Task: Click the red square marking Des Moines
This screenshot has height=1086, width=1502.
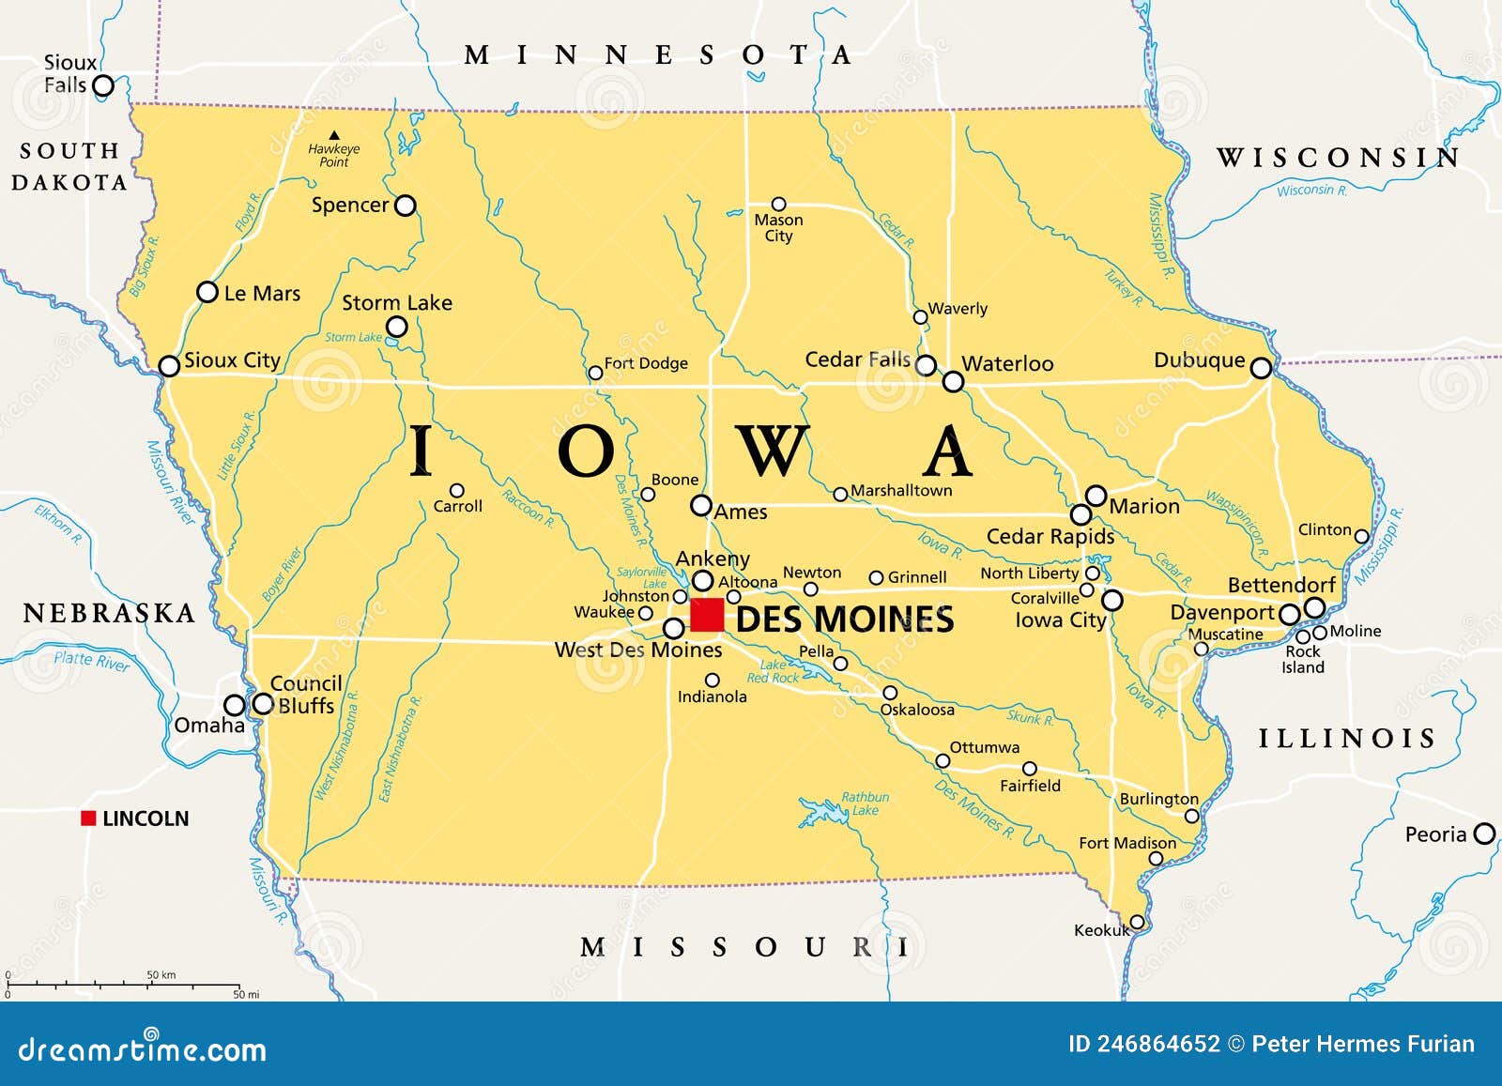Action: point(707,615)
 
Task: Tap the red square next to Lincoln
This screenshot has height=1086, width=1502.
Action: point(88,818)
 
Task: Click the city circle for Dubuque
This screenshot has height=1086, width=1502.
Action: point(1261,368)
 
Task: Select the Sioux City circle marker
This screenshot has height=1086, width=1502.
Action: point(169,366)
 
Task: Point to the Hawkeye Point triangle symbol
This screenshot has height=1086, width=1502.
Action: point(334,135)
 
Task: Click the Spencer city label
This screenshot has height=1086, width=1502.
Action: point(349,205)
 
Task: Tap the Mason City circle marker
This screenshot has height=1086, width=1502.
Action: point(778,204)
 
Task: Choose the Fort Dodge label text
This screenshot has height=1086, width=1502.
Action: point(646,363)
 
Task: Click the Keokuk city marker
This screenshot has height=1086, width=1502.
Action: point(1137,922)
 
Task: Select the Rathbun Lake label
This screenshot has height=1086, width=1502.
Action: point(865,803)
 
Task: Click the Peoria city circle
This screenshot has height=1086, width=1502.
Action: point(1484,834)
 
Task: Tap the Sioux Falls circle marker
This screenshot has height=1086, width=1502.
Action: point(103,86)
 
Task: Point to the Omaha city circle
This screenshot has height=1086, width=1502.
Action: point(234,705)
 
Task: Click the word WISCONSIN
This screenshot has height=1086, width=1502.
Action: point(1339,158)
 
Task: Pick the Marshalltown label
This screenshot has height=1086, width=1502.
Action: point(900,490)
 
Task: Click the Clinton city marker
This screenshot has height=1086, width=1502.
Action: point(1361,537)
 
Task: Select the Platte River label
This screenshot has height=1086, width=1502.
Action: point(91,661)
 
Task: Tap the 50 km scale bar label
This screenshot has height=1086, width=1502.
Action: point(161,975)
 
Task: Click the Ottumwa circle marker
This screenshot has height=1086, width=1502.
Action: point(943,760)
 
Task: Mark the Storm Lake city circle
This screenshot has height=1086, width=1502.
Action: point(397,327)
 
